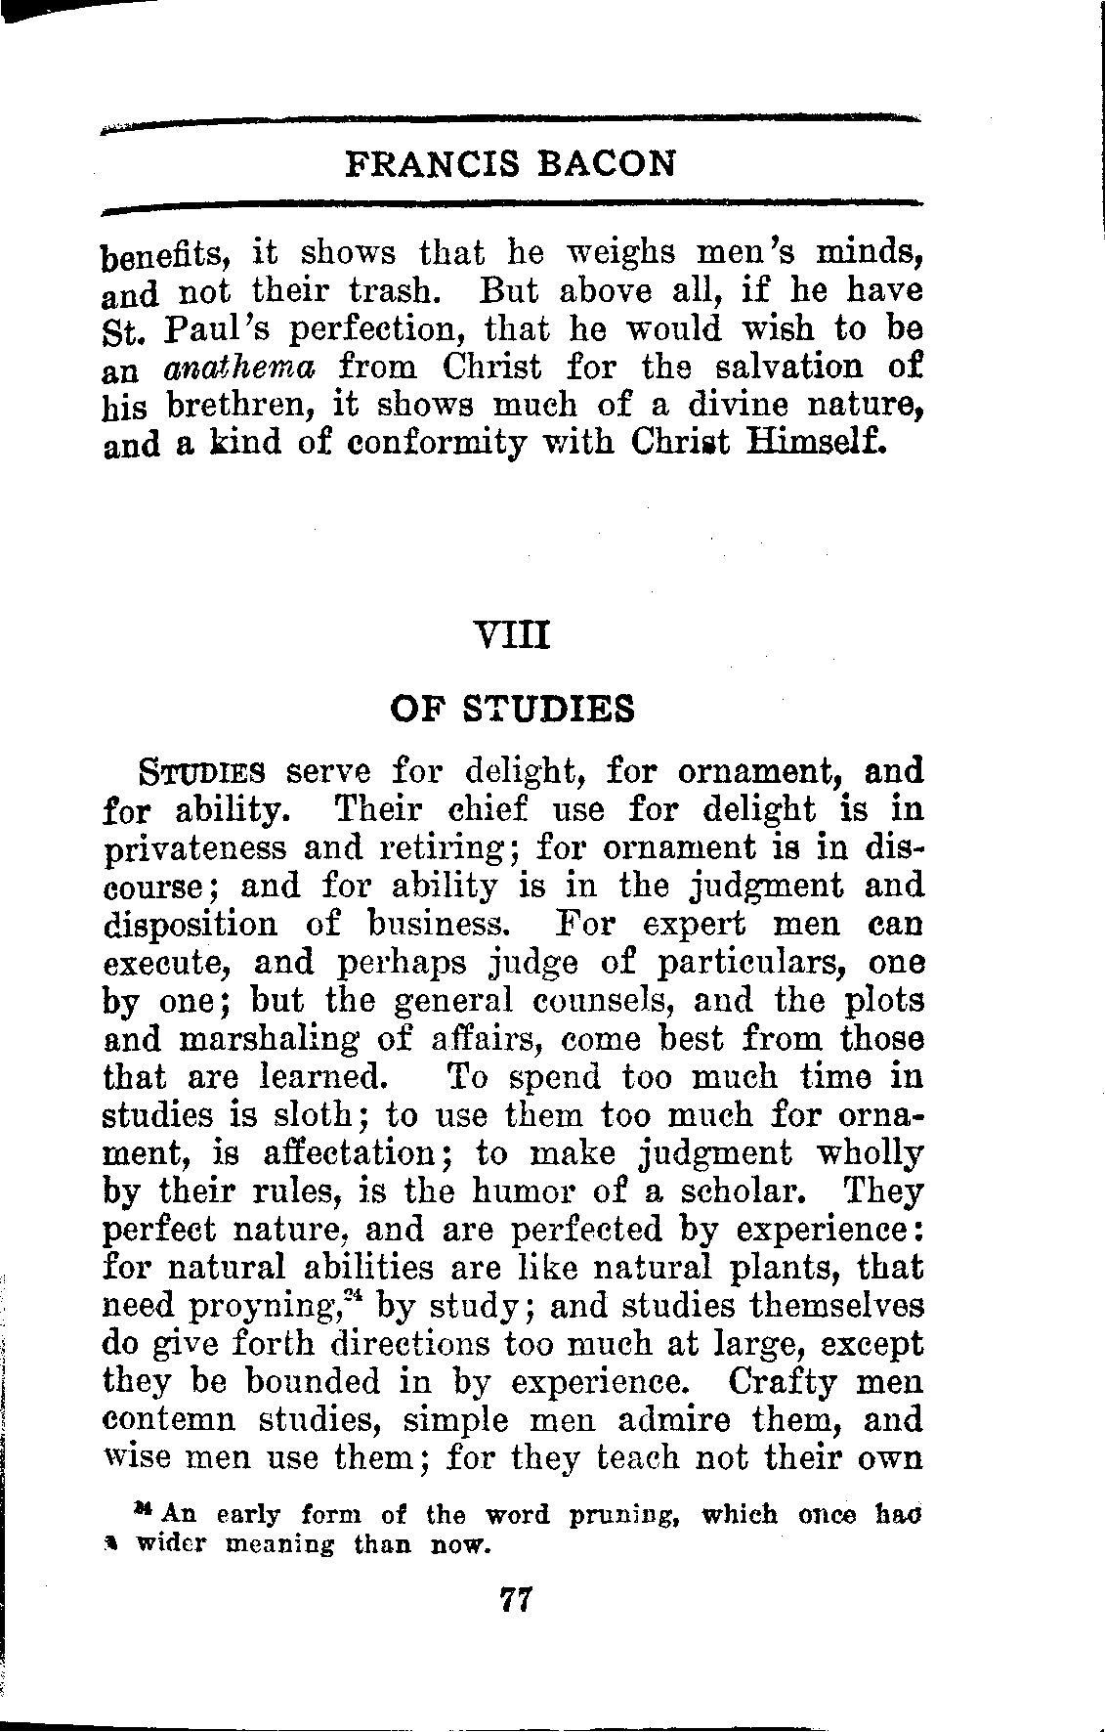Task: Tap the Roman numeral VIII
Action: [x=511, y=639]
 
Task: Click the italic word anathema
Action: [x=248, y=368]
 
